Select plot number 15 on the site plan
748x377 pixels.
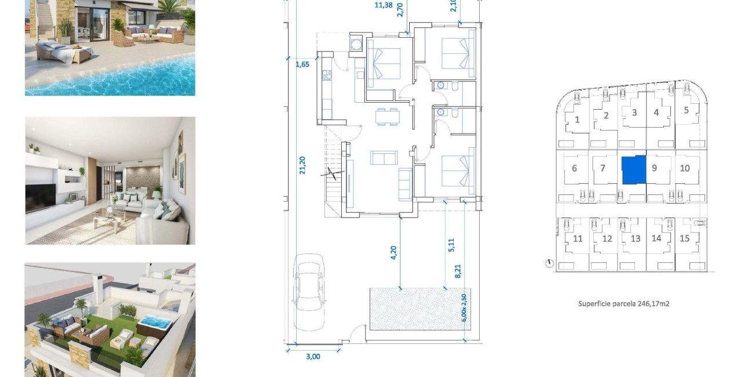[685, 238]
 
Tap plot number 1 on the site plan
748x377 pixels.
[578, 120]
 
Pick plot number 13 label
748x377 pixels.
[636, 238]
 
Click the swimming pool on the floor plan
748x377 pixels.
[417, 309]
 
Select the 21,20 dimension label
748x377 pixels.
[302, 165]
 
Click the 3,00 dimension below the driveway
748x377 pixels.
[312, 357]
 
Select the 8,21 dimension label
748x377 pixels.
[457, 271]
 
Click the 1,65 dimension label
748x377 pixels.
[302, 64]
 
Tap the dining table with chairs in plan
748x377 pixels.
[387, 117]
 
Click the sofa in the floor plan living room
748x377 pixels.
[384, 158]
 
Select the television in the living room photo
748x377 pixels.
[40, 198]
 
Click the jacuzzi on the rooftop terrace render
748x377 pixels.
[155, 322]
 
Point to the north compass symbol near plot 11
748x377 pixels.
[549, 264]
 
